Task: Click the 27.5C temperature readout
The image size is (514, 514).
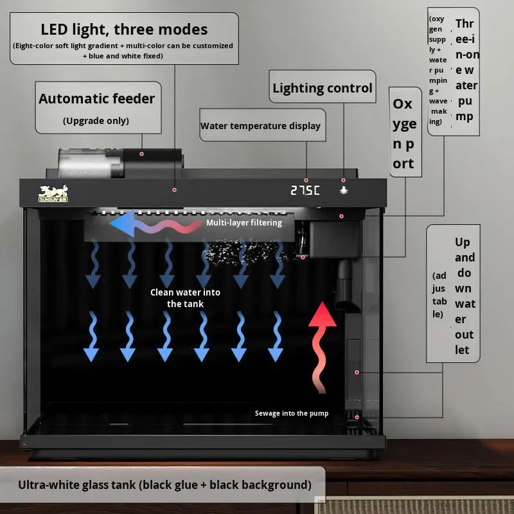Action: tap(305, 191)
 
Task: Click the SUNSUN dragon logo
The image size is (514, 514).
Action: tap(55, 193)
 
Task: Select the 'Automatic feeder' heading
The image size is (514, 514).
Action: tap(96, 99)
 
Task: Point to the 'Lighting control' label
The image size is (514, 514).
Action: tap(323, 89)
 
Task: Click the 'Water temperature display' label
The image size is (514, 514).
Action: tap(260, 126)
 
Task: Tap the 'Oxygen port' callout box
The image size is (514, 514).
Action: tap(404, 134)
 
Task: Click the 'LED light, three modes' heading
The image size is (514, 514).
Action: tap(124, 29)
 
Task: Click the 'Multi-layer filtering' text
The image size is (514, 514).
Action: tap(244, 223)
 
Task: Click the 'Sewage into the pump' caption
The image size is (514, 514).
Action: tap(291, 413)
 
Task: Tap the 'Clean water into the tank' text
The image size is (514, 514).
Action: tap(185, 298)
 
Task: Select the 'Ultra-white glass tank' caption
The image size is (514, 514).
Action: tap(164, 484)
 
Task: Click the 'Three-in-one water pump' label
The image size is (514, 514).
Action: tap(465, 71)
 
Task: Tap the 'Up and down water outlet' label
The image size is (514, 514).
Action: tap(464, 296)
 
